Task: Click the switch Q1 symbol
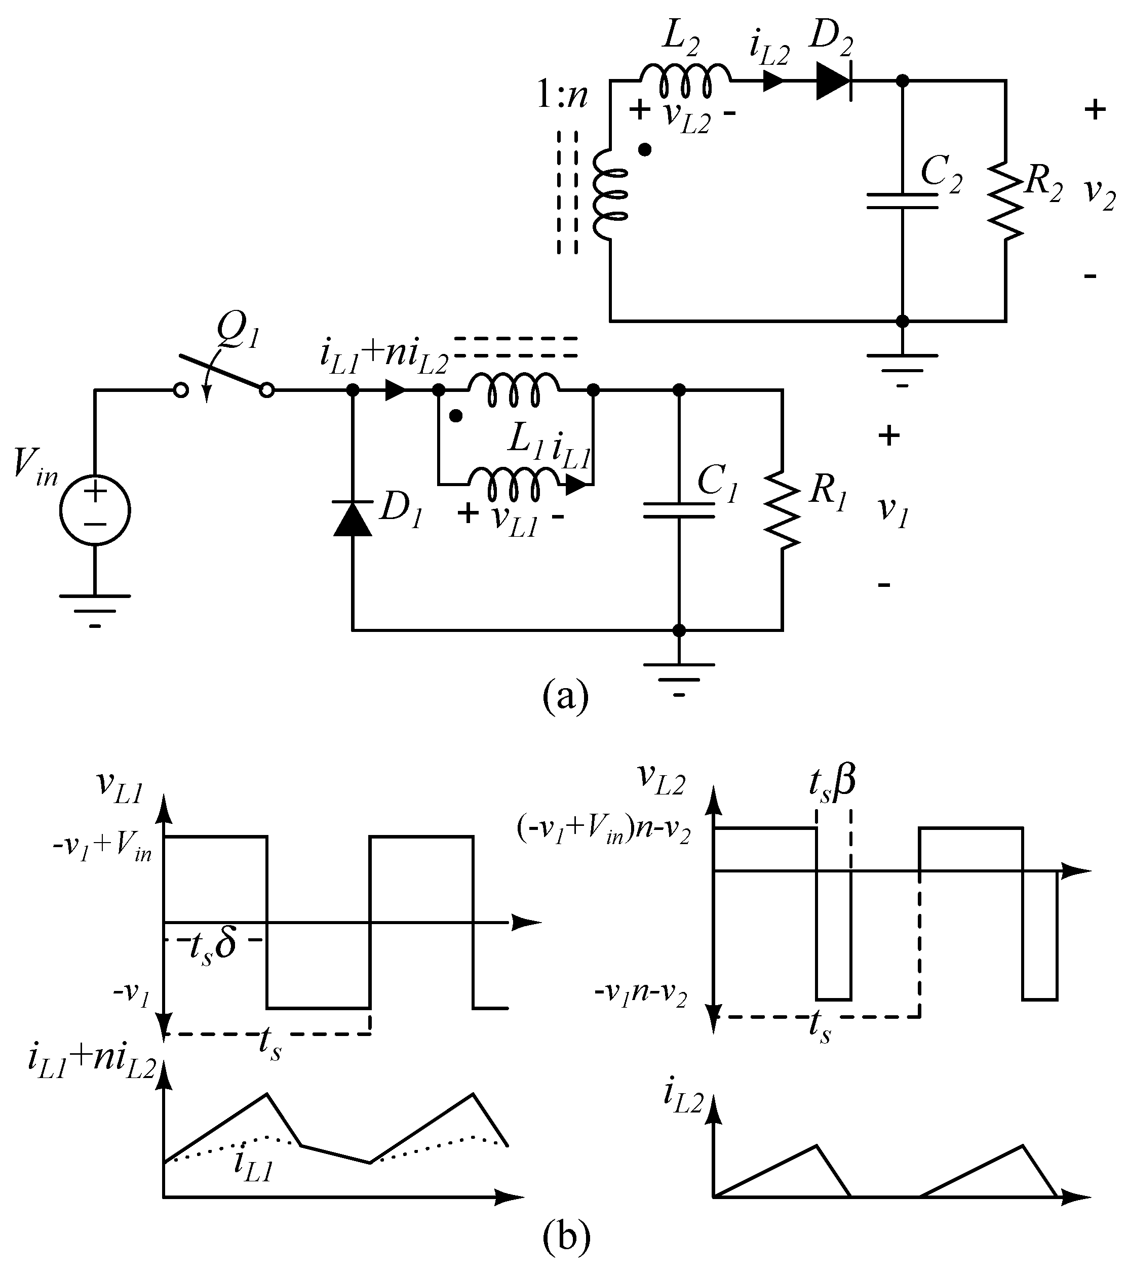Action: [x=223, y=378]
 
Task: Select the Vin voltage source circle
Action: [x=95, y=510]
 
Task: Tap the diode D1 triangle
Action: [x=353, y=519]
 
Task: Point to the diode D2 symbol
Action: [x=834, y=81]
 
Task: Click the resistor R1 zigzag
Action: [x=782, y=510]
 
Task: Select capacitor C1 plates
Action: [x=679, y=510]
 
